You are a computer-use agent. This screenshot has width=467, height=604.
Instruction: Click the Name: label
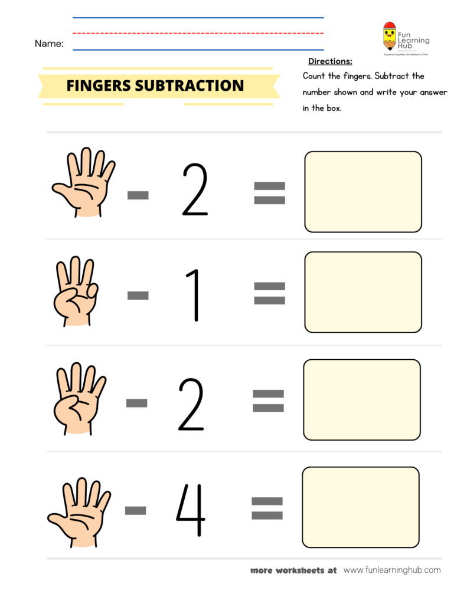[x=49, y=43]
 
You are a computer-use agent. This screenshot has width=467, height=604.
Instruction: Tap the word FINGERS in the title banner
[x=99, y=86]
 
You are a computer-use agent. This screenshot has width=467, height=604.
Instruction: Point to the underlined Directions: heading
[x=330, y=61]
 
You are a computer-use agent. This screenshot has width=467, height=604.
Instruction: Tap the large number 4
[x=190, y=510]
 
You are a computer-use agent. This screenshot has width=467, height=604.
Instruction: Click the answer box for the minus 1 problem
[x=363, y=291]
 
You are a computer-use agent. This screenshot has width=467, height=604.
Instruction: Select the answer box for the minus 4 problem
[x=360, y=507]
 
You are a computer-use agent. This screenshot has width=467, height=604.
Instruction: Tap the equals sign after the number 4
[x=267, y=508]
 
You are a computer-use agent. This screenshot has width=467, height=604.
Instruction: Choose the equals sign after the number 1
[x=269, y=293]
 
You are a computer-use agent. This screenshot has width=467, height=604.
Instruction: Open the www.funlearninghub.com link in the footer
[x=391, y=570]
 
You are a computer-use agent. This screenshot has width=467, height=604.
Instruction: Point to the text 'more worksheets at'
[x=293, y=570]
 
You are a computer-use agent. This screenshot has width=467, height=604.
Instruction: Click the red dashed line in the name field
[x=198, y=34]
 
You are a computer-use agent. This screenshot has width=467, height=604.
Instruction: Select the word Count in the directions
[x=315, y=76]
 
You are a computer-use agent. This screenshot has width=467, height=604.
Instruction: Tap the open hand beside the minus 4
[x=79, y=511]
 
